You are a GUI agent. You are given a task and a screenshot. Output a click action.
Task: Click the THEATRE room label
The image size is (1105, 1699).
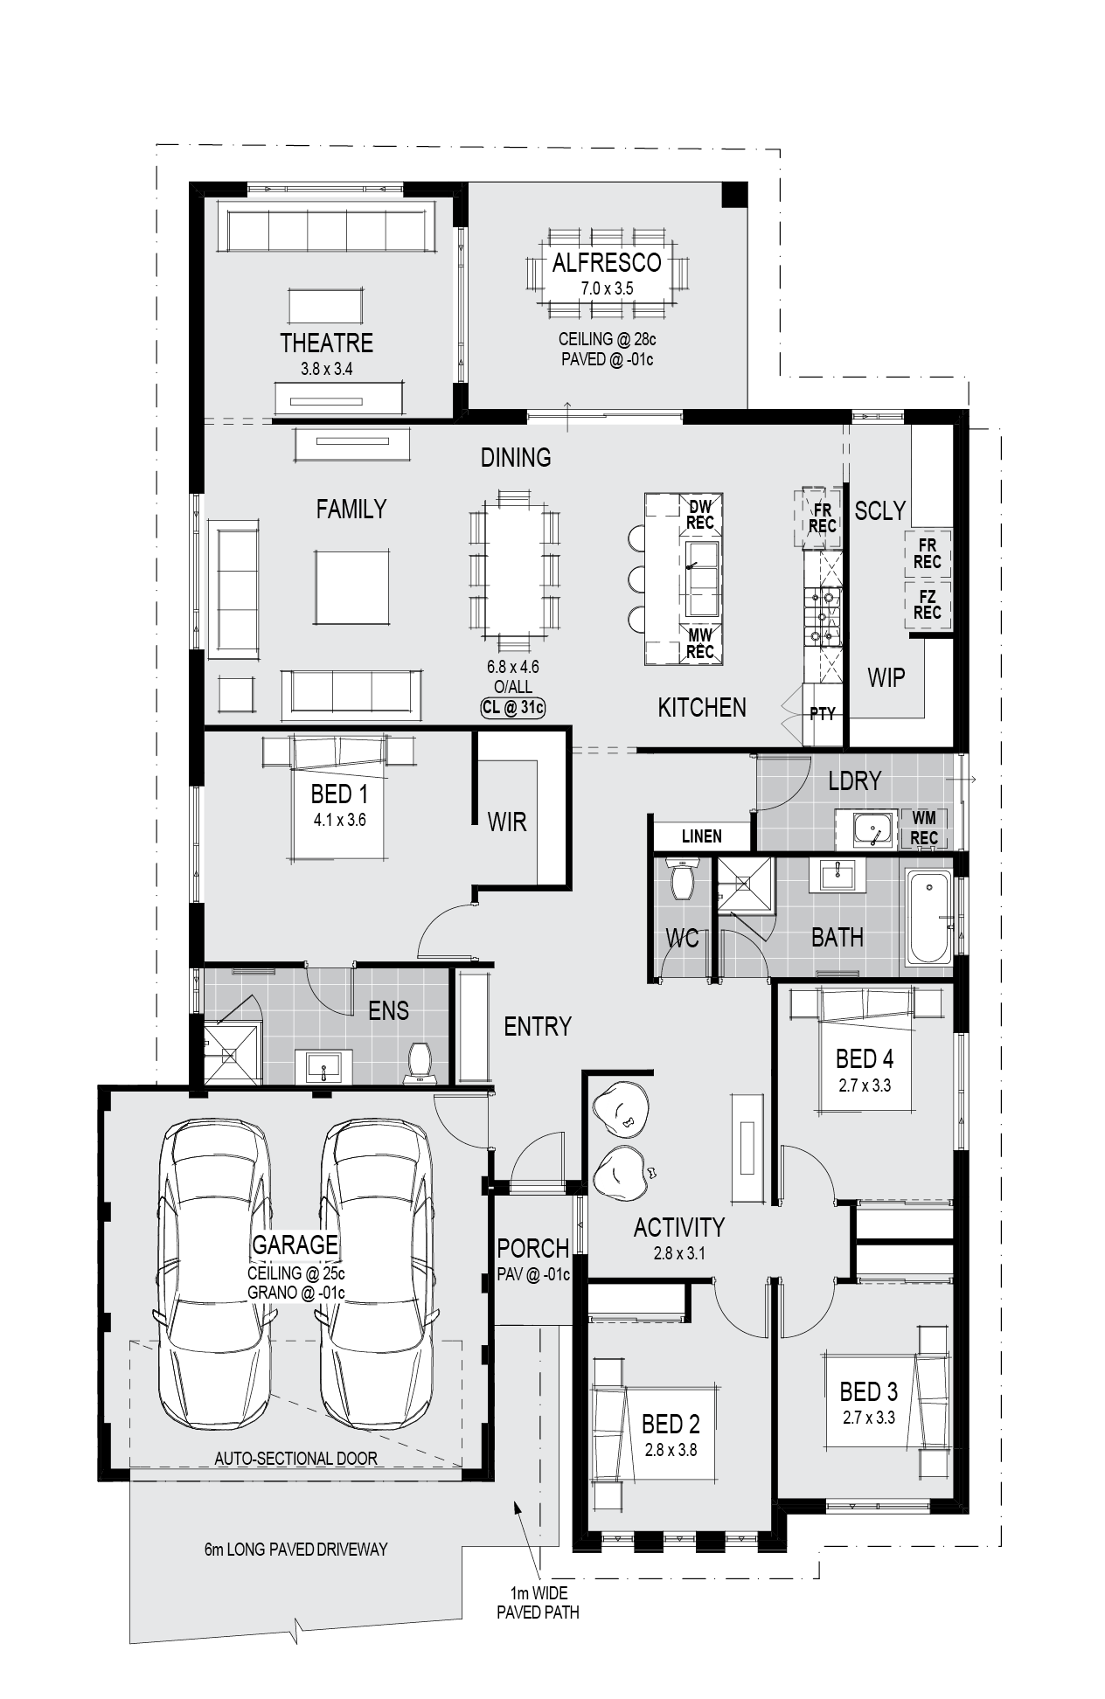coord(326,343)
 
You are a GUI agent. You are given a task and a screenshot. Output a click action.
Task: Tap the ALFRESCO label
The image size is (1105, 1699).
coord(607,262)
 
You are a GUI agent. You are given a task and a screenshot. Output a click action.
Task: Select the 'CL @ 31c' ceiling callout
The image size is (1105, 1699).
coord(512,708)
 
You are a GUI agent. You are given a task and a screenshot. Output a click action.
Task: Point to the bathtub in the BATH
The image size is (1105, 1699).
coord(928,917)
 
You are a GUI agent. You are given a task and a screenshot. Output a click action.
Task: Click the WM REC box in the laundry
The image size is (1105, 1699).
coord(924,828)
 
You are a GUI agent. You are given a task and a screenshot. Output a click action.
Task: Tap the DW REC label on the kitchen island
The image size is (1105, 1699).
coord(700,515)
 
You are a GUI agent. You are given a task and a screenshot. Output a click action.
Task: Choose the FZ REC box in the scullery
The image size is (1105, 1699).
coord(928,605)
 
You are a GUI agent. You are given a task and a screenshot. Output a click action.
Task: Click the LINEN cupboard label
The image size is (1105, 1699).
coord(701,836)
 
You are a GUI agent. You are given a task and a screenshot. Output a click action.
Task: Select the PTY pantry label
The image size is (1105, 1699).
coord(823,714)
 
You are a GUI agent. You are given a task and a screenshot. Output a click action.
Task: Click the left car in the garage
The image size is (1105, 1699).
coord(213,1273)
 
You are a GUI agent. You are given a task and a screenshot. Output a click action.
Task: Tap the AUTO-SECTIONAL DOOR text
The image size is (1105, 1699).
coord(295,1459)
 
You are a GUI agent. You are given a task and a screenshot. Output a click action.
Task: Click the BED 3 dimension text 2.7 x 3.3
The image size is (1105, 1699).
coord(868,1418)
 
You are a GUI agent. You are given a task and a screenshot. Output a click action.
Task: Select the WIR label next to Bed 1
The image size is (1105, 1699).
coord(507,822)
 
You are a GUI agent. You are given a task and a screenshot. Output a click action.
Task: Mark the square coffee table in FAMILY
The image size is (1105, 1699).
coord(351,587)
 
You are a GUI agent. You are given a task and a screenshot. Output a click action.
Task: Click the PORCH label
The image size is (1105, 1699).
coord(532,1249)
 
